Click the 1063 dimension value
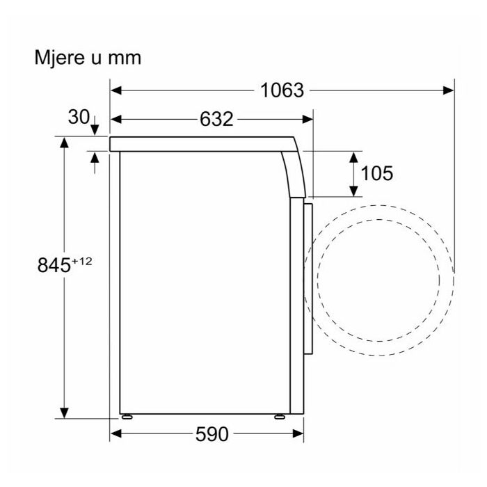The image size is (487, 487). coord(282,90)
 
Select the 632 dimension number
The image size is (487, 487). coord(216,119)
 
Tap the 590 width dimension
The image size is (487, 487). coord(211,434)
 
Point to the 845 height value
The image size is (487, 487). coord(54,265)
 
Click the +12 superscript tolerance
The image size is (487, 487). coord(81,261)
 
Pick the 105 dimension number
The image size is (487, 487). coord(376,173)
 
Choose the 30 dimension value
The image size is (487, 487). coord(79,117)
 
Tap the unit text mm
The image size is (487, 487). coord(125,58)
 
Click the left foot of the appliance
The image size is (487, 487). coord(127,417)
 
